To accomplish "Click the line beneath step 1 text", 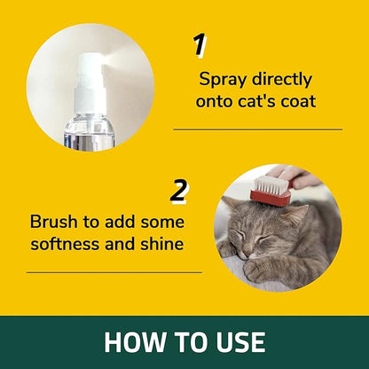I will point(257,130).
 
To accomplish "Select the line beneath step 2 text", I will point(114,272).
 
